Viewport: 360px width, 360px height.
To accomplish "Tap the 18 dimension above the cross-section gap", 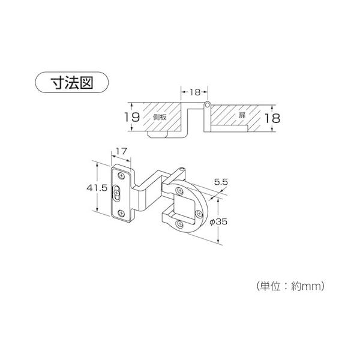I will pyautogui.click(x=194, y=93).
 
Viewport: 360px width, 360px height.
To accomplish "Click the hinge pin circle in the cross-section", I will pyautogui.click(x=207, y=106).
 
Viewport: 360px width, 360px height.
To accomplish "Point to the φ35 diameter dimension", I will pyautogui.click(x=224, y=221).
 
